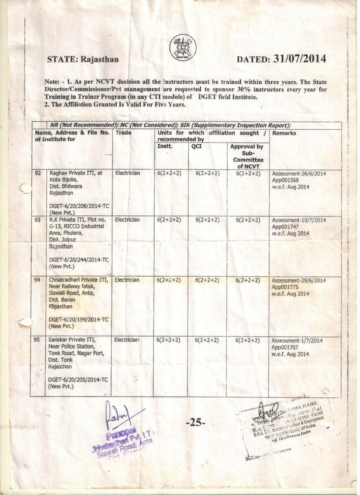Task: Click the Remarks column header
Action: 284,133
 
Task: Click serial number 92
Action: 37,173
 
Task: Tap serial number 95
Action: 37,340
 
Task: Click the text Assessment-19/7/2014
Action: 298,220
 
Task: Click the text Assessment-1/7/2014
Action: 296,341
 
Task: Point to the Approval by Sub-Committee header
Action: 248,156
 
